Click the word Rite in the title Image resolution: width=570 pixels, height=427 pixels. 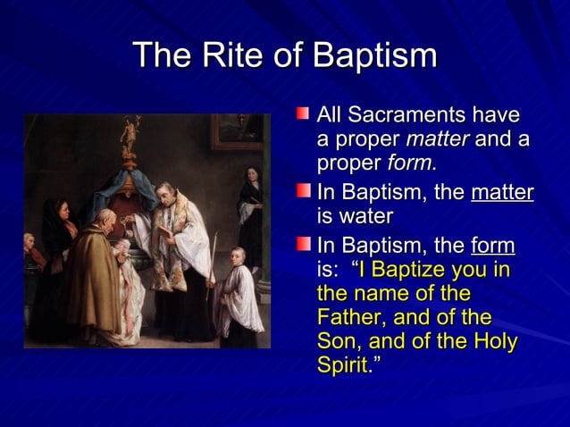pos(230,56)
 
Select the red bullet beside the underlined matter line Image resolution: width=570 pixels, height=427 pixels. pos(305,191)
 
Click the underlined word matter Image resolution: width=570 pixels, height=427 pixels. pos(502,192)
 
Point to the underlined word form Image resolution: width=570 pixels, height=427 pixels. pos(493,244)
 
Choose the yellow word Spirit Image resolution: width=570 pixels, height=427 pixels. pos(341,366)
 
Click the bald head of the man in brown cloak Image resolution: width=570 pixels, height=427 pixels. pos(105,219)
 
